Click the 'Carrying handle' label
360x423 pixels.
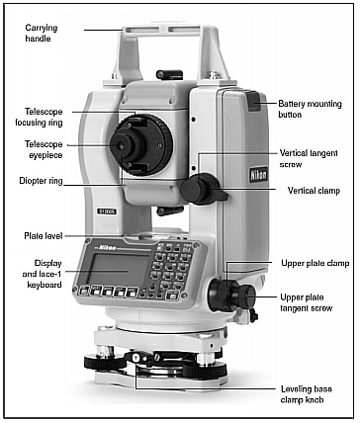pos(42,33)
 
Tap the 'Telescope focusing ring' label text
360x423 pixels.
pos(39,117)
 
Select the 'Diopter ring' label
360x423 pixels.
pos(41,181)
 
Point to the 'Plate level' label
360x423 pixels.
pos(44,236)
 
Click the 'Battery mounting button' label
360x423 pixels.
pos(311,109)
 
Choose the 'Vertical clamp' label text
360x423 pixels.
pos(314,191)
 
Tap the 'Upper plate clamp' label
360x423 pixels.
pos(315,263)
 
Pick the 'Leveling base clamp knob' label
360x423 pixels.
pos(307,394)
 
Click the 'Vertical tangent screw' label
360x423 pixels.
pos(309,158)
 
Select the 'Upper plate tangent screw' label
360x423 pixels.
pos(307,302)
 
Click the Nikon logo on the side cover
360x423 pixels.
pos(258,174)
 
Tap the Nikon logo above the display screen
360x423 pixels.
pos(108,247)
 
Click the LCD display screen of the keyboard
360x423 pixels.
pos(119,269)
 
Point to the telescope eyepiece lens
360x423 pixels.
pos(121,145)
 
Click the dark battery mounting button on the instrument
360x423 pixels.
pos(254,101)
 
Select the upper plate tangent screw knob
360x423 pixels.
pos(247,296)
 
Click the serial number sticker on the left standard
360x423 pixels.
pos(106,211)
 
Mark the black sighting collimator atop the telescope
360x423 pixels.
pos(169,74)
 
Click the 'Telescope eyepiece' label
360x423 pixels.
pos(44,149)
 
